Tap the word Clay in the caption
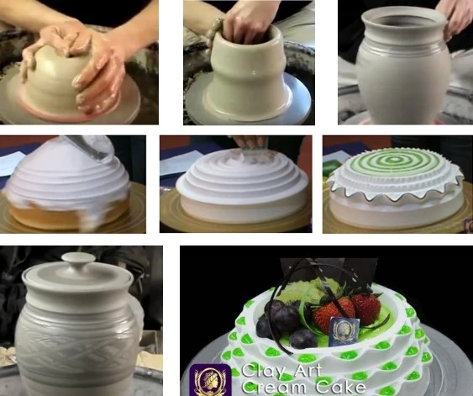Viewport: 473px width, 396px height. click(x=262, y=371)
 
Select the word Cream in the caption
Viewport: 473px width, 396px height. click(x=275, y=387)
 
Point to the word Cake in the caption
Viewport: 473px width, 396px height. click(x=341, y=387)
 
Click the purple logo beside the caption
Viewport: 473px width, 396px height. click(x=210, y=380)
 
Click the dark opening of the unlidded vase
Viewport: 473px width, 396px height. click(x=402, y=21)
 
